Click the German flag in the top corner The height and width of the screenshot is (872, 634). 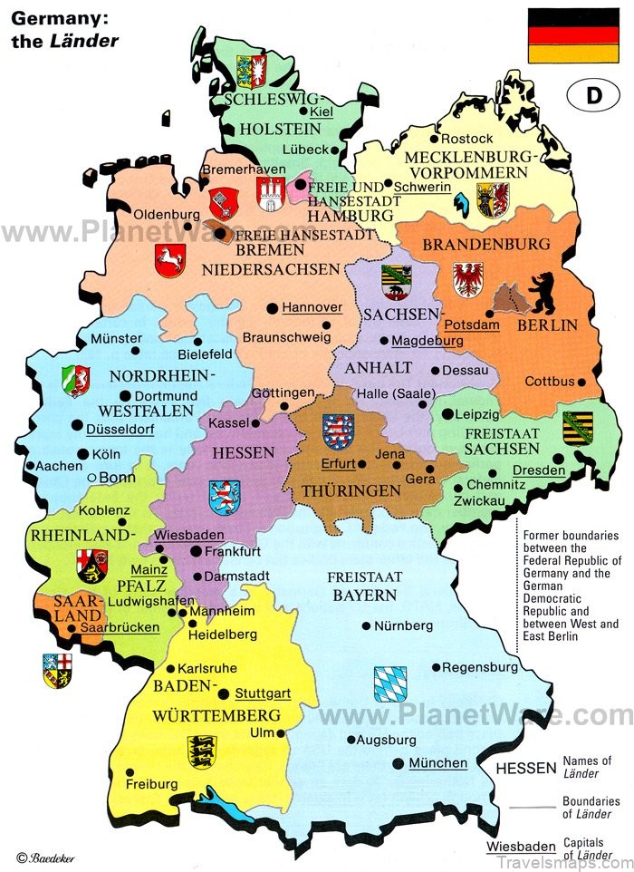tap(573, 36)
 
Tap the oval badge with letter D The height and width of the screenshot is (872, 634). tap(594, 96)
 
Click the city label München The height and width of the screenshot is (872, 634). tap(437, 763)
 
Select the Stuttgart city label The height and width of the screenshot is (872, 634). tap(263, 693)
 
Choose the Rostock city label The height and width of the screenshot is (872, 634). tap(468, 138)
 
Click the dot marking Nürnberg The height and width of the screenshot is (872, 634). tap(366, 625)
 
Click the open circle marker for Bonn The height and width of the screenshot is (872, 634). tap(91, 477)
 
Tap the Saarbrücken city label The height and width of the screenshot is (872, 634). tap(120, 627)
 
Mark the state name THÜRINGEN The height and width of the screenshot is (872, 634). tap(365, 489)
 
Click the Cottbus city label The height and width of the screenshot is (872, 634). tap(550, 382)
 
